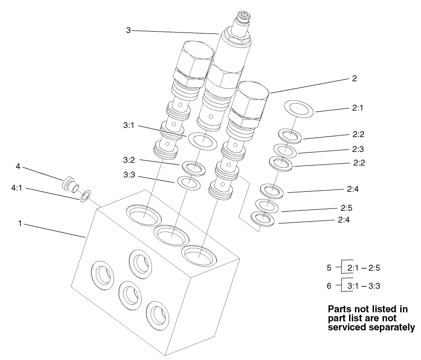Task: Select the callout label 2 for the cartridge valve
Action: [x=354, y=78]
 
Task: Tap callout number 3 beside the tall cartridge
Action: [x=128, y=30]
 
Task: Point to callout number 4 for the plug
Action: [x=18, y=166]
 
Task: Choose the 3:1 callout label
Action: [x=128, y=126]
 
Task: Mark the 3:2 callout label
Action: [x=128, y=160]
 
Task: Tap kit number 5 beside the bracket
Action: [x=329, y=268]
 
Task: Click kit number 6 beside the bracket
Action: [x=329, y=286]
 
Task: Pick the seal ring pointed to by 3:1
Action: [x=202, y=140]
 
